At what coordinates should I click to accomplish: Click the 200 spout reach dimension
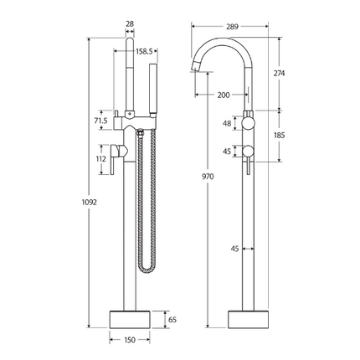pos(224,95)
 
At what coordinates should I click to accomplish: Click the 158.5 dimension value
pos(145,51)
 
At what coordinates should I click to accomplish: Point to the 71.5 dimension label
pos(101,121)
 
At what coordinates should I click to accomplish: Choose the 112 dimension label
pos(100,159)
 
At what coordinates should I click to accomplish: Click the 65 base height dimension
pos(172,319)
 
